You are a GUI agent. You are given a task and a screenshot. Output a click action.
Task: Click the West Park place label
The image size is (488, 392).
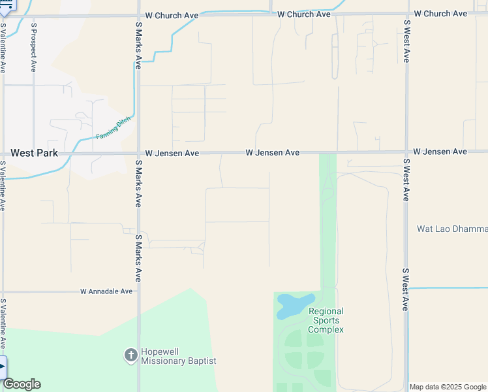click(x=34, y=154)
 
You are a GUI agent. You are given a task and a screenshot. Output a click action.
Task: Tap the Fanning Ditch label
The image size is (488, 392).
click(x=114, y=127)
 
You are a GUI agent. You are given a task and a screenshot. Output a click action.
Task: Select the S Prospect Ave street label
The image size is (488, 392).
click(x=33, y=50)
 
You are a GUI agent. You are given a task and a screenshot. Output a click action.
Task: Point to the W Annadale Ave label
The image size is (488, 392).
click(x=106, y=291)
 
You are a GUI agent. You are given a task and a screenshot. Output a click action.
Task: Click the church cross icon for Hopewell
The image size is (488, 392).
click(x=130, y=355)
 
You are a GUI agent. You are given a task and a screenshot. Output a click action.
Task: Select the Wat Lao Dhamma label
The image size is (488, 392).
click(x=452, y=229)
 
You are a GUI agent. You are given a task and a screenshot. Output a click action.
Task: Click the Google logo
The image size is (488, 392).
click(x=22, y=384)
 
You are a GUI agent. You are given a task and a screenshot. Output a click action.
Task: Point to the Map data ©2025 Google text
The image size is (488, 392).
click(x=448, y=387)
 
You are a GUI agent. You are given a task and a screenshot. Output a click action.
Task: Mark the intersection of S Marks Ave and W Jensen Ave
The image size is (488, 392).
click(x=138, y=154)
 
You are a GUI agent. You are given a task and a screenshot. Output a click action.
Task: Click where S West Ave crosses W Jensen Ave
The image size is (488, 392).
click(x=406, y=152)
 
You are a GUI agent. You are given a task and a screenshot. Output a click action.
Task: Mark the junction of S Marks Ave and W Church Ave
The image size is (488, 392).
click(x=138, y=15)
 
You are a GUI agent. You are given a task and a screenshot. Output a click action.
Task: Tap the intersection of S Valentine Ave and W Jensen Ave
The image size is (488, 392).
click(x=3, y=154)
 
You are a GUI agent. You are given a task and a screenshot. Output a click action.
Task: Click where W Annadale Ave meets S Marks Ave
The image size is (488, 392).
click(x=138, y=291)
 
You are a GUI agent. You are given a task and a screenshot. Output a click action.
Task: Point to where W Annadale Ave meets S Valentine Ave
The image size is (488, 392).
click(x=3, y=291)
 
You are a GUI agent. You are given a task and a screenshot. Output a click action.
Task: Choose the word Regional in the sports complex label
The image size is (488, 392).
click(x=326, y=312)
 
